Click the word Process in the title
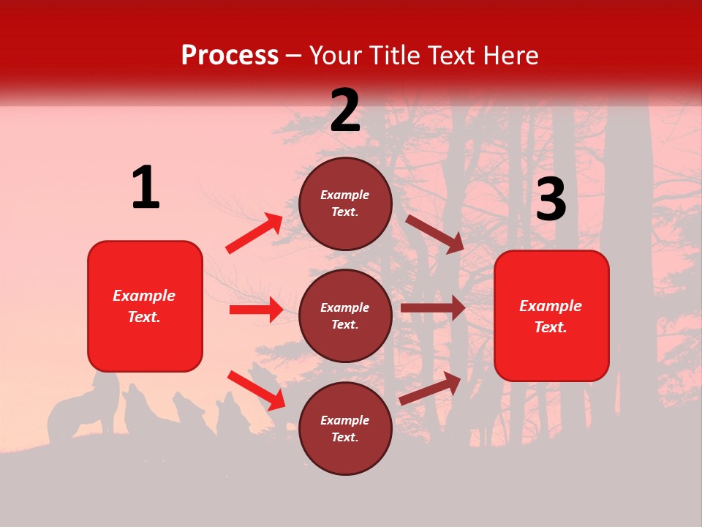(230, 56)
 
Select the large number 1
(146, 188)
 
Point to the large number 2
(345, 111)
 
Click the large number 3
(551, 199)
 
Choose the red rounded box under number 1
(145, 306)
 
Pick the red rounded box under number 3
(551, 315)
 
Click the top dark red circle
(345, 203)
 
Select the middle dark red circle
(345, 315)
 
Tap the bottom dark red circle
(345, 428)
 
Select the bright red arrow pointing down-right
(256, 389)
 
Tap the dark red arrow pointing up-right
(431, 388)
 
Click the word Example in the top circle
(345, 195)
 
